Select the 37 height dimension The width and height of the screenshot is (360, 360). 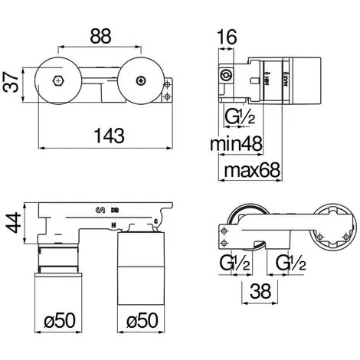coord(11,80)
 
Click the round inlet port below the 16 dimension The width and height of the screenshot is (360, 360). coord(226,75)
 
